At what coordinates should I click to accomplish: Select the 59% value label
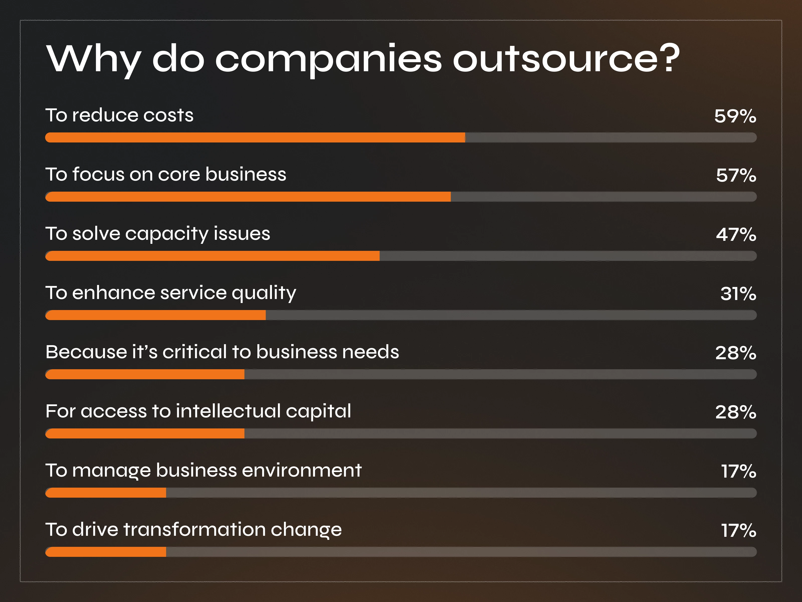tap(735, 116)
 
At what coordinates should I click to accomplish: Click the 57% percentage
tap(736, 175)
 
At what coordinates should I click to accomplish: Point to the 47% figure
tap(736, 235)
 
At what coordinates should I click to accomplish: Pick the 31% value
tap(738, 293)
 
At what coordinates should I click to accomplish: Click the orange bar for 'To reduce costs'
tap(255, 137)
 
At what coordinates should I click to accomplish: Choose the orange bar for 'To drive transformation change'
tap(106, 552)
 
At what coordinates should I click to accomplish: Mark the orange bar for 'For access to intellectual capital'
tap(145, 433)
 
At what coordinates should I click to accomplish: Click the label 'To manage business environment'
tap(204, 471)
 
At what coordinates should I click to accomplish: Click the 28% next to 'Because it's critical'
tap(735, 353)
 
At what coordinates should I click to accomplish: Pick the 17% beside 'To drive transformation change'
tap(738, 531)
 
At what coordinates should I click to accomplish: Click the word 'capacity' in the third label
tap(166, 234)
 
